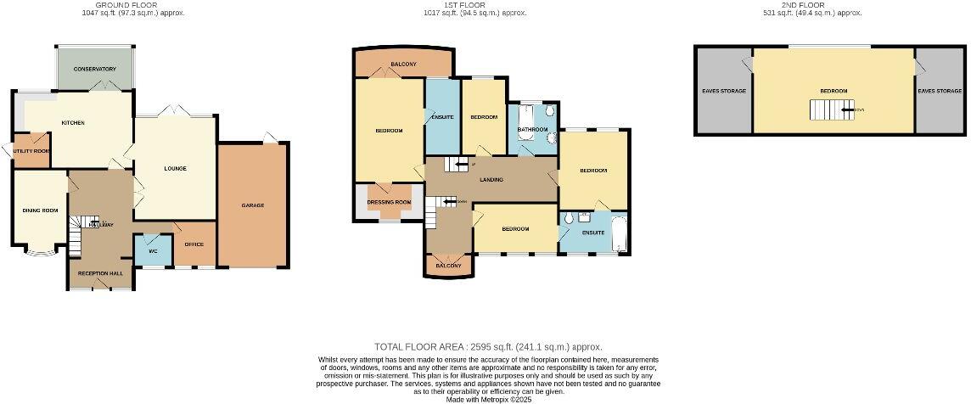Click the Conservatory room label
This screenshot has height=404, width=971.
click(x=94, y=69)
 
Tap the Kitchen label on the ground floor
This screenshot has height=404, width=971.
click(x=73, y=123)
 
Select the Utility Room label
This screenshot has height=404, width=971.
click(x=31, y=151)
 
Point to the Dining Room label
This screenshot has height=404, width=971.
click(x=40, y=210)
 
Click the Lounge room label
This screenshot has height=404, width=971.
click(x=175, y=168)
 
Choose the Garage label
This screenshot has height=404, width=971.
click(x=253, y=205)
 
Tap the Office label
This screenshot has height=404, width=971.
click(x=194, y=244)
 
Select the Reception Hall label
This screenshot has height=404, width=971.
click(x=100, y=273)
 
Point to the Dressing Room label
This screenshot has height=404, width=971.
click(x=389, y=202)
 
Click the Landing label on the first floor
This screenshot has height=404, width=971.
click(x=491, y=180)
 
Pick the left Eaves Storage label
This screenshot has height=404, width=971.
click(x=723, y=91)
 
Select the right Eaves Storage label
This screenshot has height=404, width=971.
click(x=940, y=91)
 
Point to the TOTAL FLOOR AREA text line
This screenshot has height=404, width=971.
click(x=488, y=346)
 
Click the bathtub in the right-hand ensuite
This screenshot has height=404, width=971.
click(x=619, y=233)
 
